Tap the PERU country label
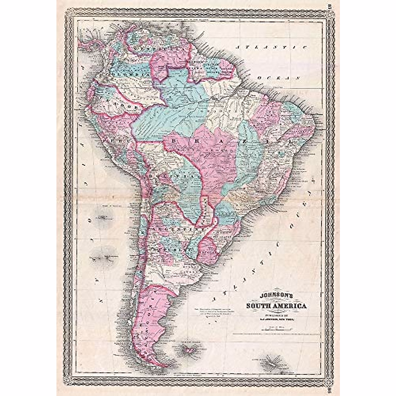pos(112,140)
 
